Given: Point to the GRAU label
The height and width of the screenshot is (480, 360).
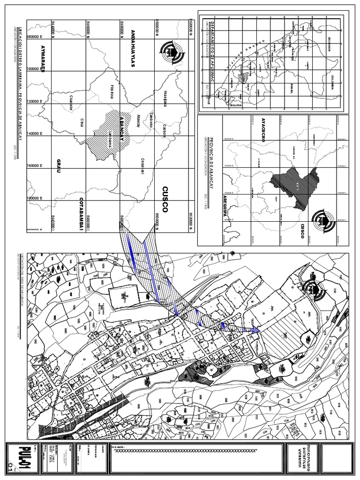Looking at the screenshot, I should click(59, 165).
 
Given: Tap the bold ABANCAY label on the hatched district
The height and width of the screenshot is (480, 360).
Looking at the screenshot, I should click(122, 127).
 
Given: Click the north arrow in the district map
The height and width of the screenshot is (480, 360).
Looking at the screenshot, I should click(169, 51).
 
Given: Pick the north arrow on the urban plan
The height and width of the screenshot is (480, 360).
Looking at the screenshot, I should click(314, 291).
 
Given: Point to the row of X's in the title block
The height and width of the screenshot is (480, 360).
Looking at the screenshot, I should click(187, 450).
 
